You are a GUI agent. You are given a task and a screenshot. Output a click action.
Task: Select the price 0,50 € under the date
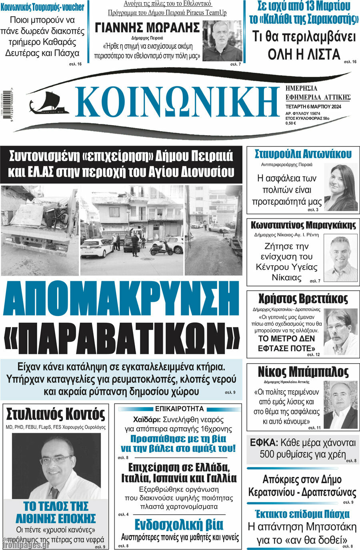tap(291, 123)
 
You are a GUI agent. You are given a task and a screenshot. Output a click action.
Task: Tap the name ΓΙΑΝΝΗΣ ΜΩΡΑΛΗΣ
tap(147, 28)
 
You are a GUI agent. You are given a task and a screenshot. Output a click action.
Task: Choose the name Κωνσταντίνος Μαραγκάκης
tap(303, 225)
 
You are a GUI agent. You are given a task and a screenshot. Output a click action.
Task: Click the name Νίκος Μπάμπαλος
tap(303, 372)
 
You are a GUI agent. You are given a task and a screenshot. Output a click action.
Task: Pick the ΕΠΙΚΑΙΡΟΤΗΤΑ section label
tap(179, 409)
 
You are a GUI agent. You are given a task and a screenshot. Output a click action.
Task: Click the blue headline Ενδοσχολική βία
tap(179, 525)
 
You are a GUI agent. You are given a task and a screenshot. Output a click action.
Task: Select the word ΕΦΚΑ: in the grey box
tap(264, 443)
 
